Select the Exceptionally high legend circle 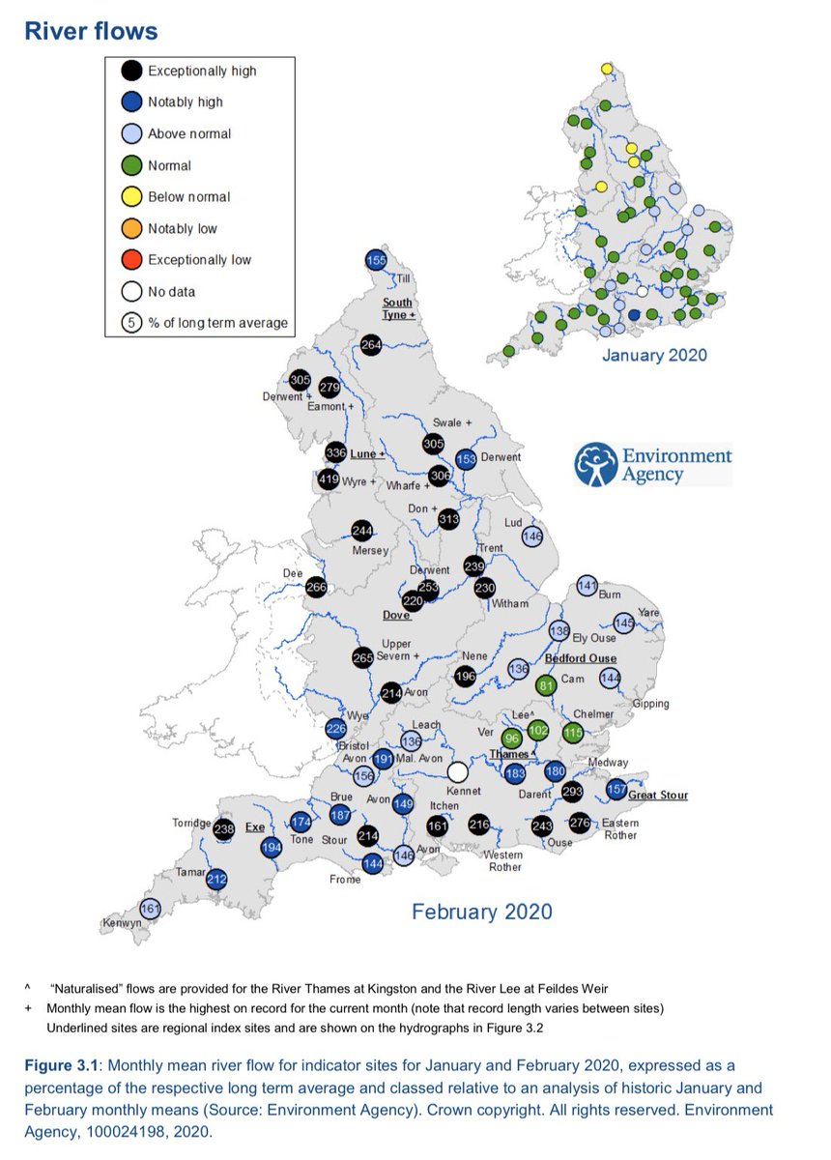click(130, 71)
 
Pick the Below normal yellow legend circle click(130, 197)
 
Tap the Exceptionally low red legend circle click(130, 260)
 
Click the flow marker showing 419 click(328, 479)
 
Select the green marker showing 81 click(546, 686)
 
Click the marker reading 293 click(573, 791)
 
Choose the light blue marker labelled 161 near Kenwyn click(150, 909)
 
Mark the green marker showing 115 click(573, 734)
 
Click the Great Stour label click(658, 796)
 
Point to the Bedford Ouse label click(582, 658)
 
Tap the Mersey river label click(371, 551)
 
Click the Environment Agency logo click(653, 465)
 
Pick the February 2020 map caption click(482, 912)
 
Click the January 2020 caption click(654, 355)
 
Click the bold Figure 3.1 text click(66, 1064)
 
